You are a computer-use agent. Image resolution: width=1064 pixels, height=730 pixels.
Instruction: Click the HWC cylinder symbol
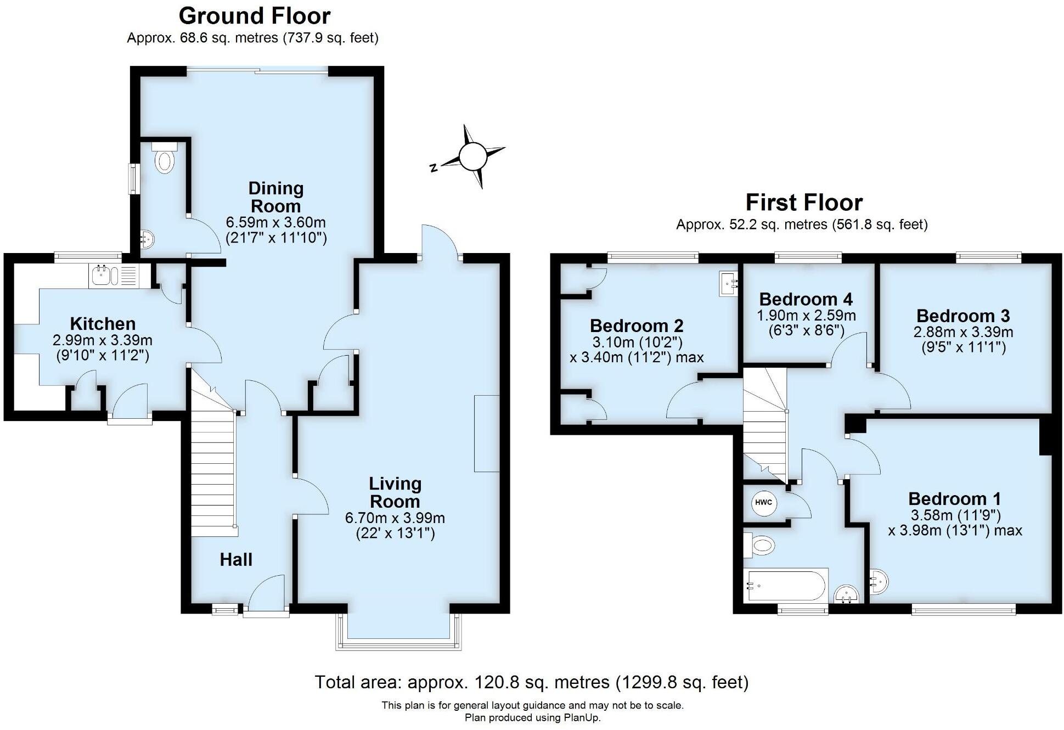pos(763,503)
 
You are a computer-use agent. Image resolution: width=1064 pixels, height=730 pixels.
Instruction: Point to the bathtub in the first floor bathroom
pos(786,585)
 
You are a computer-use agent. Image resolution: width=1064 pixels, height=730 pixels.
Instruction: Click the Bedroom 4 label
pos(806,299)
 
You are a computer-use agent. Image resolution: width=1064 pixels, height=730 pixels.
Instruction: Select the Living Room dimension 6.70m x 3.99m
pos(395,518)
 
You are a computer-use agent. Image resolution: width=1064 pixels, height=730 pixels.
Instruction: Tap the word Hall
pos(236,560)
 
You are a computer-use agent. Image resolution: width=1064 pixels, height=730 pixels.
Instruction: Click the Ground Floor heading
pos(255,16)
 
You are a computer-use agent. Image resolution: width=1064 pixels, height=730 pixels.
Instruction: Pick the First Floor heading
pos(804,203)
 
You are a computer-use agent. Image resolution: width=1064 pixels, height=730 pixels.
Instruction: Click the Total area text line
pos(531,682)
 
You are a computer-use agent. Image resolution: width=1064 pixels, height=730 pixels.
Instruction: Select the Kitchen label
pos(103,323)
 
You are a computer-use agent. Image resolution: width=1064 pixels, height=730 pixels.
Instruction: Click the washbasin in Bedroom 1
pos(879,581)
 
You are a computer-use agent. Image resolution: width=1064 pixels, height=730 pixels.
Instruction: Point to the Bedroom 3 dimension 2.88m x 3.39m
pos(963,332)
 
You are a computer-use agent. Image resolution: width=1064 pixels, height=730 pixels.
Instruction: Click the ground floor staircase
pos(213,472)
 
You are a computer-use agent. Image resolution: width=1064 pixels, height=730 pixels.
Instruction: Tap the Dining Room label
pos(275,197)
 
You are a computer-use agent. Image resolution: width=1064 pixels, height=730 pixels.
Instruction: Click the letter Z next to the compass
pos(434,168)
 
